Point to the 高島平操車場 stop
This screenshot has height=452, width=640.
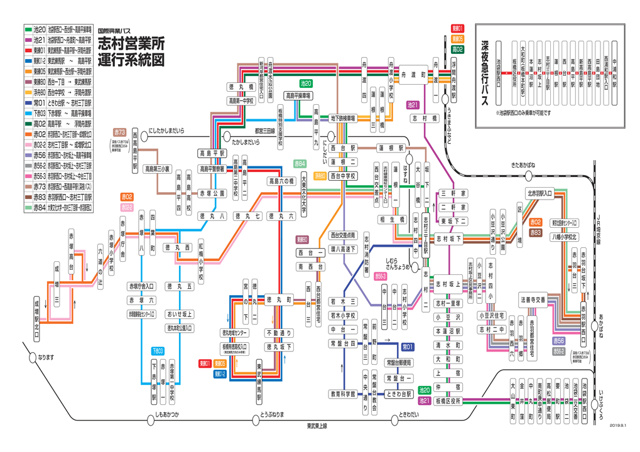[298, 96]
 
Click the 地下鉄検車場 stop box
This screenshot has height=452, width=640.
[344, 117]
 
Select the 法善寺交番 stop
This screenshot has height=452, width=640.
[533, 299]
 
